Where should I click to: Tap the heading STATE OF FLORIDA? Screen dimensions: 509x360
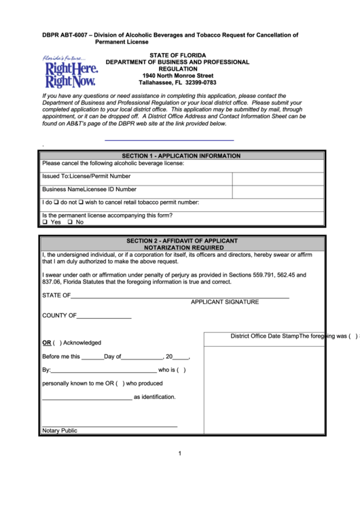pos(178,54)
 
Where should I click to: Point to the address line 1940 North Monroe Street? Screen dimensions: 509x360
pos(178,75)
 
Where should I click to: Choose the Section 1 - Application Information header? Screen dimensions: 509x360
pos(181,156)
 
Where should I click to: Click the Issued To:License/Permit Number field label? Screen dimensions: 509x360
pos(86,176)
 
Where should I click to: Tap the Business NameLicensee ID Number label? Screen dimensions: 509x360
pos(89,190)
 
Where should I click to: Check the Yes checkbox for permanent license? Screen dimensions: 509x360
pos(45,222)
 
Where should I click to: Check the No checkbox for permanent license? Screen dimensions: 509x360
pos(71,222)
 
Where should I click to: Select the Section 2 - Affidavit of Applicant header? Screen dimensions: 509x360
pos(181,241)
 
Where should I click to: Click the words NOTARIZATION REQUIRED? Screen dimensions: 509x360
pos(181,248)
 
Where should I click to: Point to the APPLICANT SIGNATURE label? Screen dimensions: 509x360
pos(225,301)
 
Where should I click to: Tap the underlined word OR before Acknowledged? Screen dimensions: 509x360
pos(47,343)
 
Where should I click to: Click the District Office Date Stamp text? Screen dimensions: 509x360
pos(265,336)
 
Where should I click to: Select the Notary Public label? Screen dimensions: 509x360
pos(60,431)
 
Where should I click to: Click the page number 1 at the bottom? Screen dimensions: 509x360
pos(179,454)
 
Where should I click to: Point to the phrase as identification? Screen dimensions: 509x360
pos(154,397)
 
